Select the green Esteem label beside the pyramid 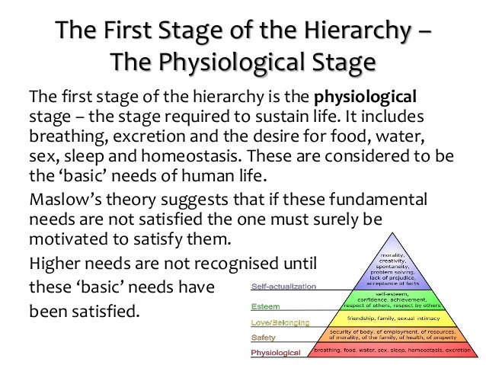pyautogui.click(x=265, y=306)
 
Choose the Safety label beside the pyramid pyautogui.click(x=263, y=337)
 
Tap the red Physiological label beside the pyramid pyautogui.click(x=276, y=352)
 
